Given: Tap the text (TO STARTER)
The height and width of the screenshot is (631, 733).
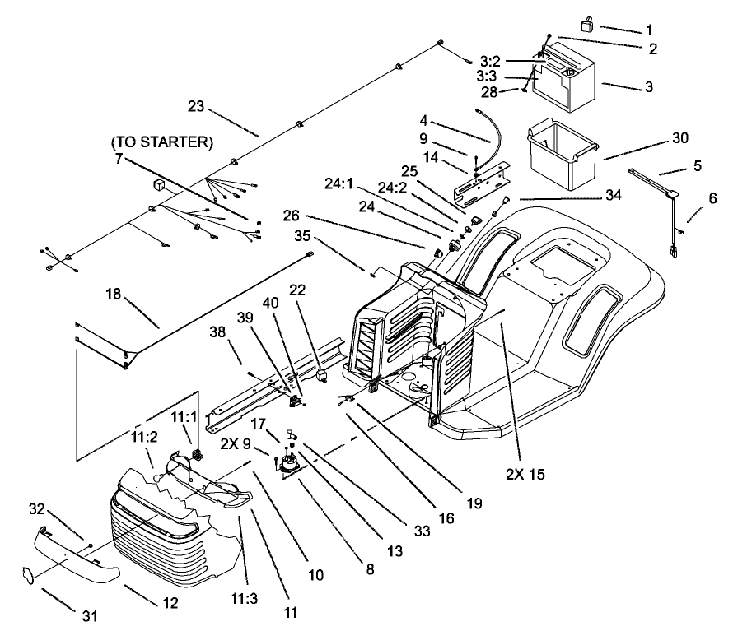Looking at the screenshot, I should point(161,142).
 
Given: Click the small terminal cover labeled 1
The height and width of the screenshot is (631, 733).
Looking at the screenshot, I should point(587,26).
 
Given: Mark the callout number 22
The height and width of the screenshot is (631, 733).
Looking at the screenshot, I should point(296,290).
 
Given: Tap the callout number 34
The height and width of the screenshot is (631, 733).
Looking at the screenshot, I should point(614,196).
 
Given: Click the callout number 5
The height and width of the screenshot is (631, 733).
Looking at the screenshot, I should point(698,165).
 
